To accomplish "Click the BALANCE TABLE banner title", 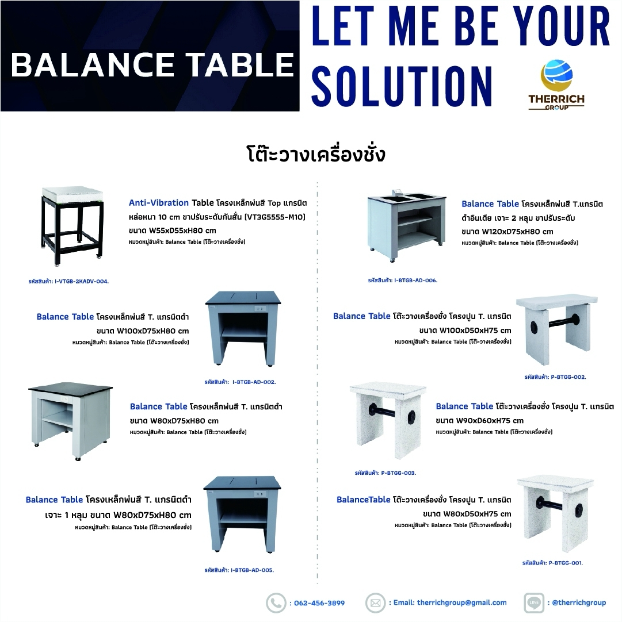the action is click(x=152, y=65).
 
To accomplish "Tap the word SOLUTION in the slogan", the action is click(x=402, y=86).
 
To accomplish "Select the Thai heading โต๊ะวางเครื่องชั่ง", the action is click(x=316, y=154).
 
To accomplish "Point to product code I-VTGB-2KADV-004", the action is click(x=68, y=281).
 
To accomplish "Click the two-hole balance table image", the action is click(x=407, y=225).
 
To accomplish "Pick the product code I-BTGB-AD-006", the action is click(x=403, y=281).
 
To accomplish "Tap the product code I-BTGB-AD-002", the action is click(x=240, y=382).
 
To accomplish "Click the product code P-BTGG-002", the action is click(x=555, y=377).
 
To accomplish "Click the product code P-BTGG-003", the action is click(x=386, y=473).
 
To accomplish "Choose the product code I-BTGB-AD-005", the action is click(x=239, y=570).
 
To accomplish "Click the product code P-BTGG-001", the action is click(x=552, y=562).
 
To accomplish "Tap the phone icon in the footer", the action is click(x=276, y=603).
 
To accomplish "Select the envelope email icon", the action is click(x=375, y=603).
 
